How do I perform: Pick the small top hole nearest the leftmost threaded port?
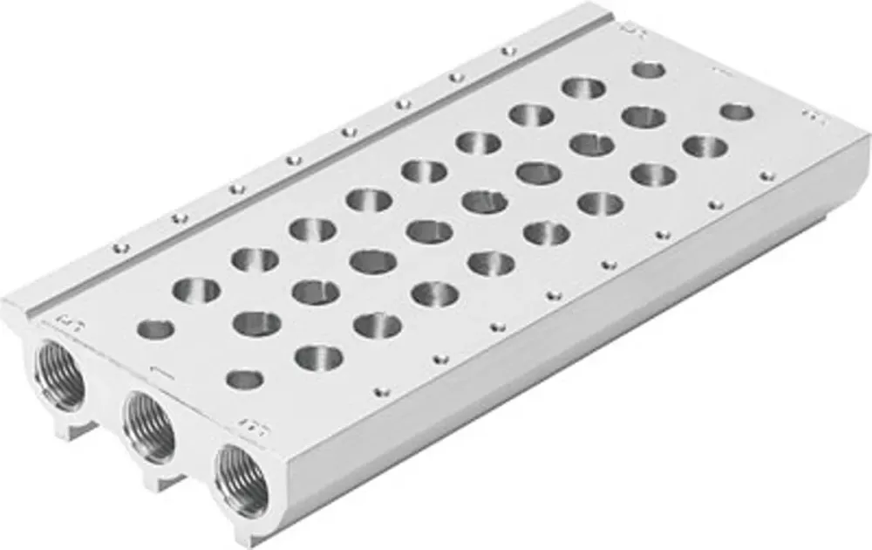click(x=156, y=329)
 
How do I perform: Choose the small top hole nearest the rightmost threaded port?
click(x=244, y=379)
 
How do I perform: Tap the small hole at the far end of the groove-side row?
click(x=649, y=70)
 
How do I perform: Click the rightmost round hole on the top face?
click(x=737, y=112)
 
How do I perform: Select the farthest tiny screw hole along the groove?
click(x=503, y=51)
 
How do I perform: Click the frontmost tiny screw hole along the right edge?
click(x=380, y=389)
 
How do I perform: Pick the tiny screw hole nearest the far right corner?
click(x=767, y=175)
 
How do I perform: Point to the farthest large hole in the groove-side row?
click(x=584, y=87)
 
